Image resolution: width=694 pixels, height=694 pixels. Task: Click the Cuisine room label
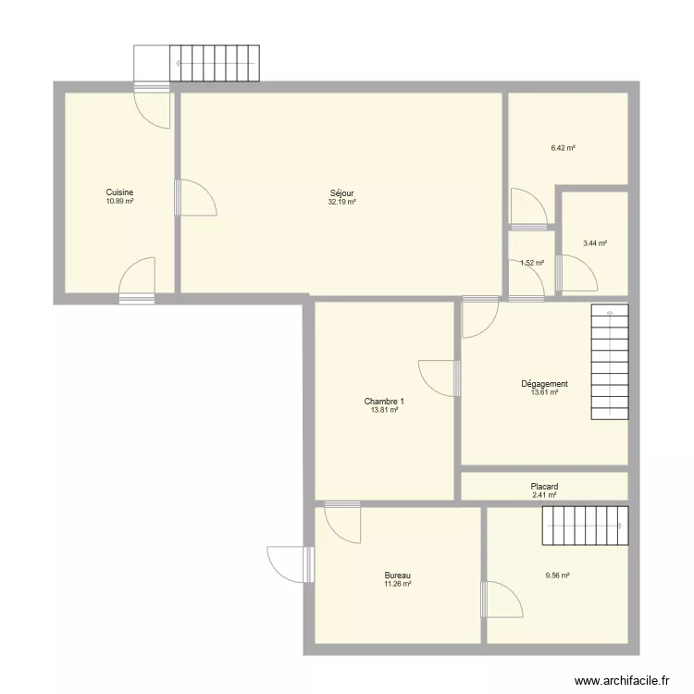point(120,192)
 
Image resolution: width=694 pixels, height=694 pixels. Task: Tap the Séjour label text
point(341,193)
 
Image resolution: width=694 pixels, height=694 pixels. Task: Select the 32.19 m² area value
point(341,202)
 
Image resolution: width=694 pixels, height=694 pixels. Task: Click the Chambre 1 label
point(384,402)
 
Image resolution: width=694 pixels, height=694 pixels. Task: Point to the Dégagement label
point(544,384)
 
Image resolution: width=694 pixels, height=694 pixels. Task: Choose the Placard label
point(544,487)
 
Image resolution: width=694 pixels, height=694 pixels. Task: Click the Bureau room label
point(398,576)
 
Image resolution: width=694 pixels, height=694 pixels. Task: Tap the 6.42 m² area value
point(564,147)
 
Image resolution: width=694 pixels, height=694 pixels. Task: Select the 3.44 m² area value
point(595,243)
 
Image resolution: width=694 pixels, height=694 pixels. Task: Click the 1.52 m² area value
point(532,263)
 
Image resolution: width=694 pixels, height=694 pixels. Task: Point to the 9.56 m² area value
point(558,575)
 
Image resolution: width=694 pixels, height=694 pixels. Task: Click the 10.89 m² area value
point(120,201)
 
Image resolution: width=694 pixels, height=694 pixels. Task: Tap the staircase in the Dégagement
point(609,363)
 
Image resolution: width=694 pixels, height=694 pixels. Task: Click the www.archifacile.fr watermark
point(622,680)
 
